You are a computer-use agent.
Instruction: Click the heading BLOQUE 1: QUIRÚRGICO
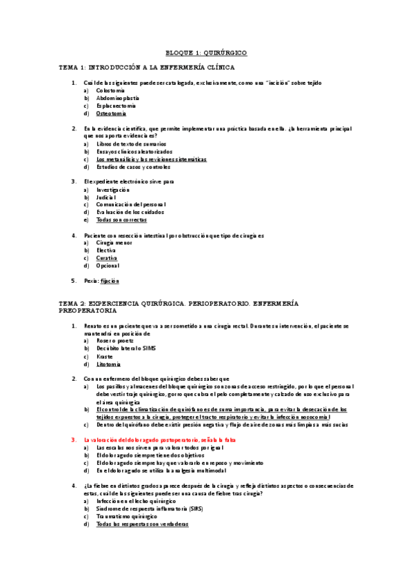(x=206, y=53)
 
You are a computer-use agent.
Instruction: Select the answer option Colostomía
(x=110, y=90)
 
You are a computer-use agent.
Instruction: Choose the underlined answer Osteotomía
(x=111, y=113)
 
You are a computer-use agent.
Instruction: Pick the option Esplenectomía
(x=116, y=106)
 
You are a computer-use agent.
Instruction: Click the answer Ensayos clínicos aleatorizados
(x=134, y=151)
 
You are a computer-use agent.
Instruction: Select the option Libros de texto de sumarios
(x=131, y=143)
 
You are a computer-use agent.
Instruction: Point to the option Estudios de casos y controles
(x=133, y=166)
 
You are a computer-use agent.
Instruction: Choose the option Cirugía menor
(x=114, y=242)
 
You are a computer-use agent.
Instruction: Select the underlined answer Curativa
(x=106, y=257)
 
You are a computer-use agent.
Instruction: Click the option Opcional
(x=108, y=265)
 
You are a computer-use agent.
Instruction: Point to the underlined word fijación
(x=110, y=281)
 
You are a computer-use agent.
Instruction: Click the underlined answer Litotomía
(x=108, y=364)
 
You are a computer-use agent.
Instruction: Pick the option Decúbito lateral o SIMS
(x=126, y=348)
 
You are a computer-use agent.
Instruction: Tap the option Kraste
(x=104, y=356)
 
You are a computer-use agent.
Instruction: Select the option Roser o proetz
(x=114, y=341)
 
